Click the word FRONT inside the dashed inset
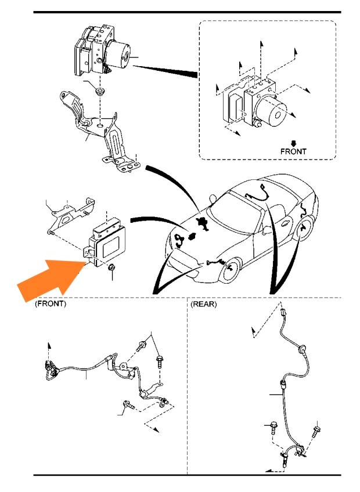coord(293,151)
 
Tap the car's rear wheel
coord(305,232)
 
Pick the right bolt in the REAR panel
coord(316,431)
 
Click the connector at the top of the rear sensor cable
coord(283,313)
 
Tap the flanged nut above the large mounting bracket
coord(102,91)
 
